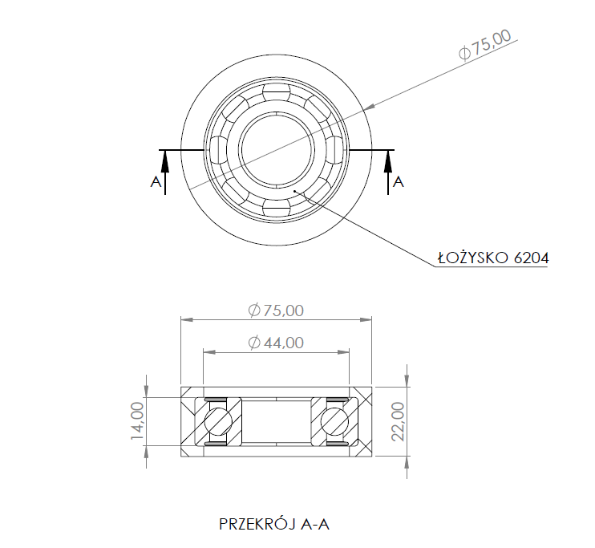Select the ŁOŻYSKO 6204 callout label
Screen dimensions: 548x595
[492, 258]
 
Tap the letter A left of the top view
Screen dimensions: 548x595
[156, 182]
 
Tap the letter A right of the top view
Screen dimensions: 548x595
[399, 182]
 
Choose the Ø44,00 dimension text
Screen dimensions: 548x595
[276, 343]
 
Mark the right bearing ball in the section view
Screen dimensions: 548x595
[334, 421]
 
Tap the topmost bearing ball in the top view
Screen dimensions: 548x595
[277, 93]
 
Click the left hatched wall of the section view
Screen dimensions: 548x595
[192, 421]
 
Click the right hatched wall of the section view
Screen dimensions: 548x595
[361, 421]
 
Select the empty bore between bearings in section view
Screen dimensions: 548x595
[277, 421]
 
